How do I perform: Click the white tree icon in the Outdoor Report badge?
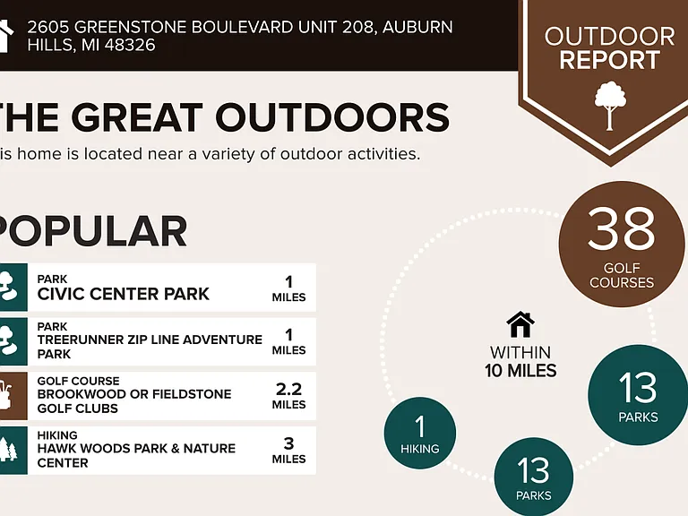(x=610, y=106)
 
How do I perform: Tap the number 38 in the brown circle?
(x=622, y=228)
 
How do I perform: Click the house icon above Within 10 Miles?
(x=520, y=324)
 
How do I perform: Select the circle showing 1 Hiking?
(x=420, y=433)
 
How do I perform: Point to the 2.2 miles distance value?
(x=288, y=396)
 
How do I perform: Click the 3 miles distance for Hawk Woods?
(x=288, y=451)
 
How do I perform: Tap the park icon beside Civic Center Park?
(x=13, y=288)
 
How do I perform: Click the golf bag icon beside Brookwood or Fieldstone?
(x=13, y=396)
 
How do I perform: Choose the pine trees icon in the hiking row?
(x=13, y=451)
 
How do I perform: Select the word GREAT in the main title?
(x=137, y=117)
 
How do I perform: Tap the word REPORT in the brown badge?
(x=609, y=60)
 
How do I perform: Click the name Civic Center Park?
(x=124, y=294)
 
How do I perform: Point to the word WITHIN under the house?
(x=520, y=352)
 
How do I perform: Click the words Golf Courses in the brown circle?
(x=622, y=275)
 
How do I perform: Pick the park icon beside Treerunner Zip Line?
(x=13, y=341)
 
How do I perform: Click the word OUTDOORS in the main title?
(x=332, y=117)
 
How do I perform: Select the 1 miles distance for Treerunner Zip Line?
(x=288, y=341)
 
